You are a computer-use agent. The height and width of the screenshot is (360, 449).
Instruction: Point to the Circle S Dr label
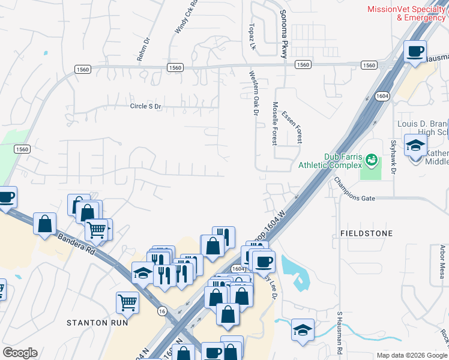tap(146, 106)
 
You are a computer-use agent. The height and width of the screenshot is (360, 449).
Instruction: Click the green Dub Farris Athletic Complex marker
tap(372, 160)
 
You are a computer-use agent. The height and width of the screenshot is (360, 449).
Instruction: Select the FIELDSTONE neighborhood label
tap(366, 233)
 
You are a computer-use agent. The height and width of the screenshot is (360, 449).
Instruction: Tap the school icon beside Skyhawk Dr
tap(415, 146)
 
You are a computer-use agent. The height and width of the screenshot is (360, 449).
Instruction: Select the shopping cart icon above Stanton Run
tap(127, 303)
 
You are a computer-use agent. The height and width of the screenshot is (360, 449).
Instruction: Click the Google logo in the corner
tap(20, 353)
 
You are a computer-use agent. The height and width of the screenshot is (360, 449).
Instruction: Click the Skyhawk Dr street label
tap(394, 157)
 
